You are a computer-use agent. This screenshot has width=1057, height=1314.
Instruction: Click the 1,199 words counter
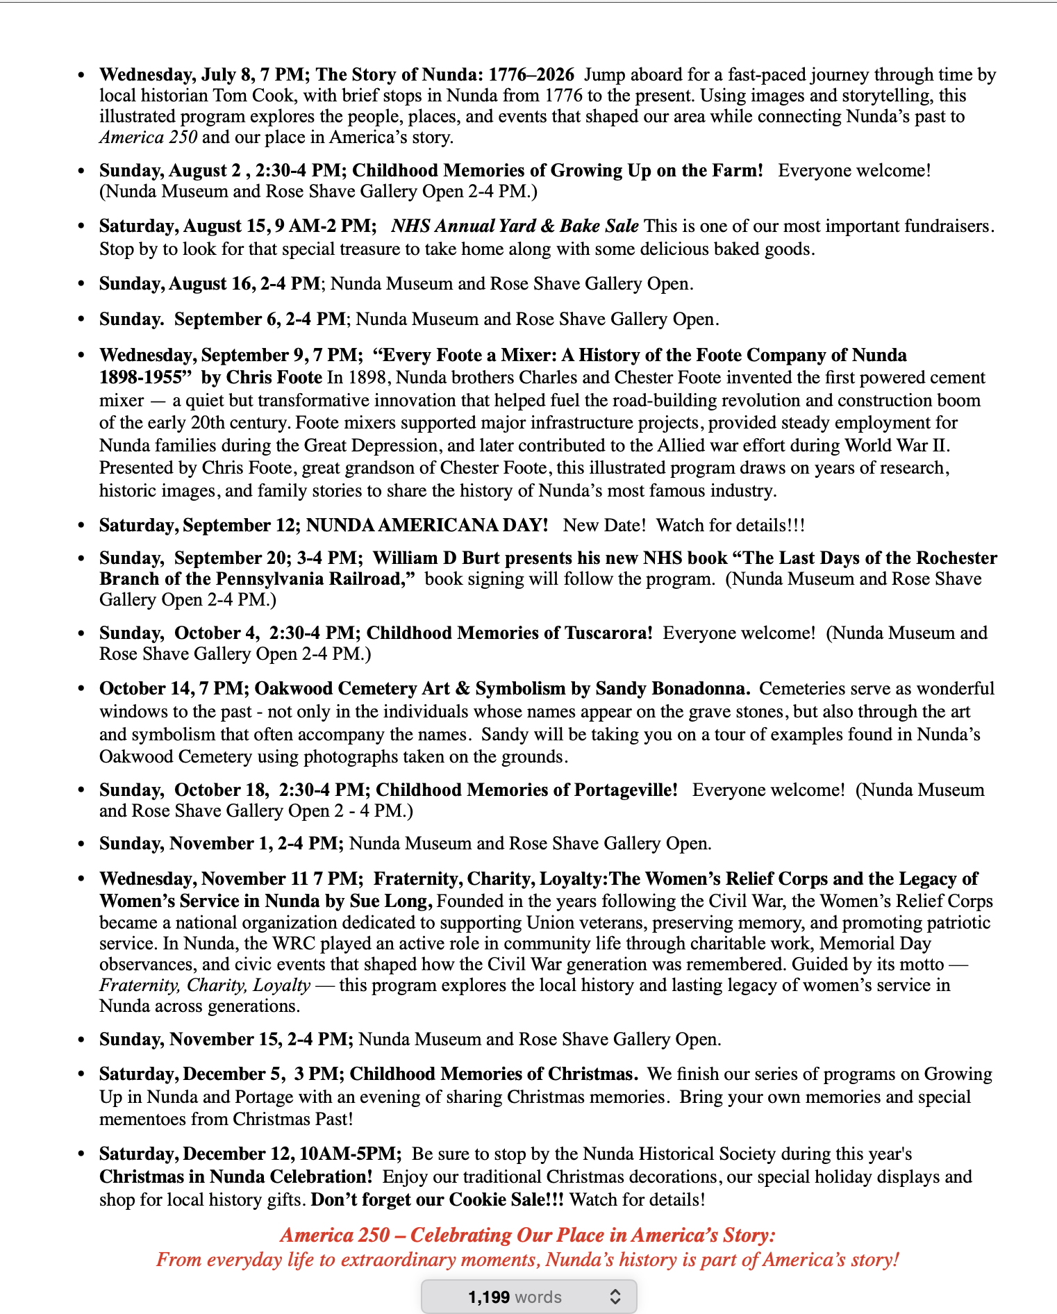point(515,1297)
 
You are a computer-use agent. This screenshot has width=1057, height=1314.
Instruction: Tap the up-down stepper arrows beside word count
point(615,1297)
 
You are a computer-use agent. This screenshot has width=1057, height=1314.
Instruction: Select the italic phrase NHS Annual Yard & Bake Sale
point(515,226)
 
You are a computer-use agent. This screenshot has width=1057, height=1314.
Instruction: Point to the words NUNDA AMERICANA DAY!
point(427,525)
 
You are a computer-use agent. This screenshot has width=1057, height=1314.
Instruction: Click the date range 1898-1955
point(145,377)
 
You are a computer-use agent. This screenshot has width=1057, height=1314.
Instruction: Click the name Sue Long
point(396,901)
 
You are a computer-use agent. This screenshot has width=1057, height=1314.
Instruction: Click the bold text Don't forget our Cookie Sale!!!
point(437,1199)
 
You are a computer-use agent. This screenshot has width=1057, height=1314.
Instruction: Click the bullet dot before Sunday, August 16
point(82,284)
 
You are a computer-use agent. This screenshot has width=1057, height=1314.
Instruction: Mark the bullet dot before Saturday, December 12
point(82,1154)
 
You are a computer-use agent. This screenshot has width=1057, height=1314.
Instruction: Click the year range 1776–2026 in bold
point(531,74)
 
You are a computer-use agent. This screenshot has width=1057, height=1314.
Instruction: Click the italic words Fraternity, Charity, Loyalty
point(205,985)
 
